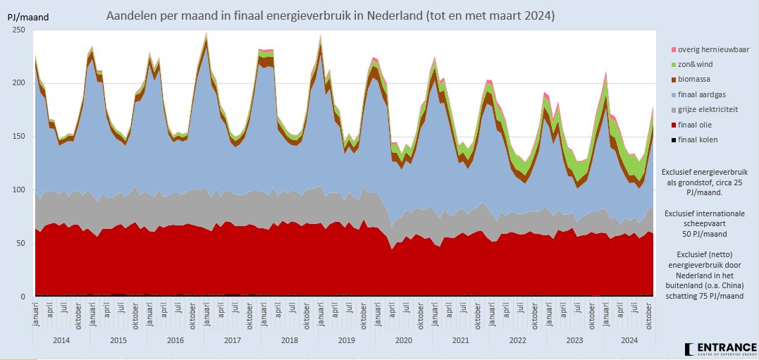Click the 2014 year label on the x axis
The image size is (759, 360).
[61, 340]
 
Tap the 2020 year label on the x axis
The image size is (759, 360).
[403, 340]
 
